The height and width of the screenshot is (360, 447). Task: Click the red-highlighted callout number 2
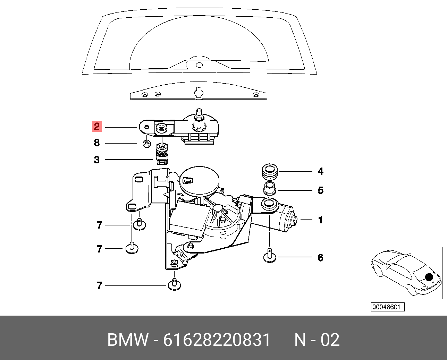[x=97, y=127]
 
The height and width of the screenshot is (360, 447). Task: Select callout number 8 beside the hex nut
[x=97, y=143]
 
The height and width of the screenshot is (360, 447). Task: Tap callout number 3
[x=97, y=160]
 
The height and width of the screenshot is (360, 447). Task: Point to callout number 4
[x=321, y=171]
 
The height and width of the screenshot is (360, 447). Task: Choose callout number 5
[x=321, y=190]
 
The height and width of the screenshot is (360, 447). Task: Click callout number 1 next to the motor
[x=320, y=220]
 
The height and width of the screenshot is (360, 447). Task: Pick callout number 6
[x=321, y=258]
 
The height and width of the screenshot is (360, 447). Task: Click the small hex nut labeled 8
[x=147, y=144]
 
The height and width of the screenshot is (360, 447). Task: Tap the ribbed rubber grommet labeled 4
[x=269, y=172]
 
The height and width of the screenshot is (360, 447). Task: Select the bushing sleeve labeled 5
[x=270, y=188]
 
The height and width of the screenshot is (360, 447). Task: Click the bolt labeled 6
[x=270, y=255]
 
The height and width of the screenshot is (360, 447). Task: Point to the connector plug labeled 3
[x=162, y=154]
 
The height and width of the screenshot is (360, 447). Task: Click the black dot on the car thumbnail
[x=429, y=277]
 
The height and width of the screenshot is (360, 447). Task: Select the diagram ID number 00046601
[x=388, y=307]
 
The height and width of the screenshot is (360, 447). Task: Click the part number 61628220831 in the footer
[x=217, y=340]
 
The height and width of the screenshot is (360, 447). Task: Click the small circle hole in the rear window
[x=199, y=65]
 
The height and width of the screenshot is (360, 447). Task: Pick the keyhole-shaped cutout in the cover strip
[x=199, y=93]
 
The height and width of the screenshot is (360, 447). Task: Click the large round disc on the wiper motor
[x=199, y=180]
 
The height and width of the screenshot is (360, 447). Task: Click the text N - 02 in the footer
[x=317, y=340]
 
